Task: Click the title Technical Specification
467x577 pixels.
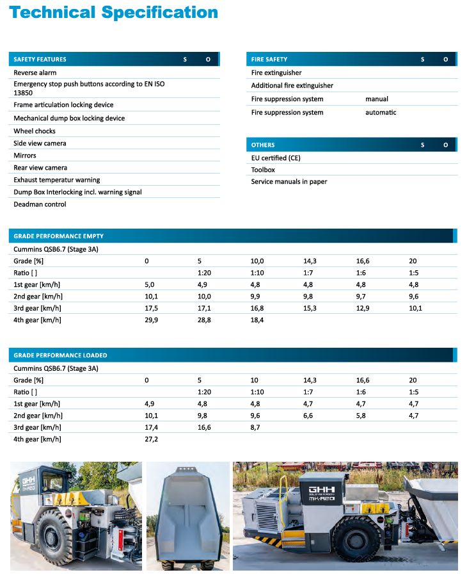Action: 114,13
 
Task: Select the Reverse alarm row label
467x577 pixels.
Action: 35,72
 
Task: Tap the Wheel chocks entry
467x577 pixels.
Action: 35,131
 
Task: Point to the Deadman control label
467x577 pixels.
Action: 40,204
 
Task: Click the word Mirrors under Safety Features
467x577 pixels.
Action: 25,156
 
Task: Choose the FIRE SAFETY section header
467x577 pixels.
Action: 269,60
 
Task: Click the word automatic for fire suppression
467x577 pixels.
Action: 381,113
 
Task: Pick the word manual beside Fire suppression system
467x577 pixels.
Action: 377,99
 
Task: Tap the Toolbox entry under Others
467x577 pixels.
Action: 263,170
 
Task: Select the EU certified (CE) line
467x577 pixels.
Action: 276,158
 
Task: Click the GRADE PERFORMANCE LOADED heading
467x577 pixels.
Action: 60,355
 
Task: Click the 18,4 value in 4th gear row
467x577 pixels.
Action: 257,320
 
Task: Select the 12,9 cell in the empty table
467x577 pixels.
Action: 363,308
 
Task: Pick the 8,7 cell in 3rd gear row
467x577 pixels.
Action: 255,427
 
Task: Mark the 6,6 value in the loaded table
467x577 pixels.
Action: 308,416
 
